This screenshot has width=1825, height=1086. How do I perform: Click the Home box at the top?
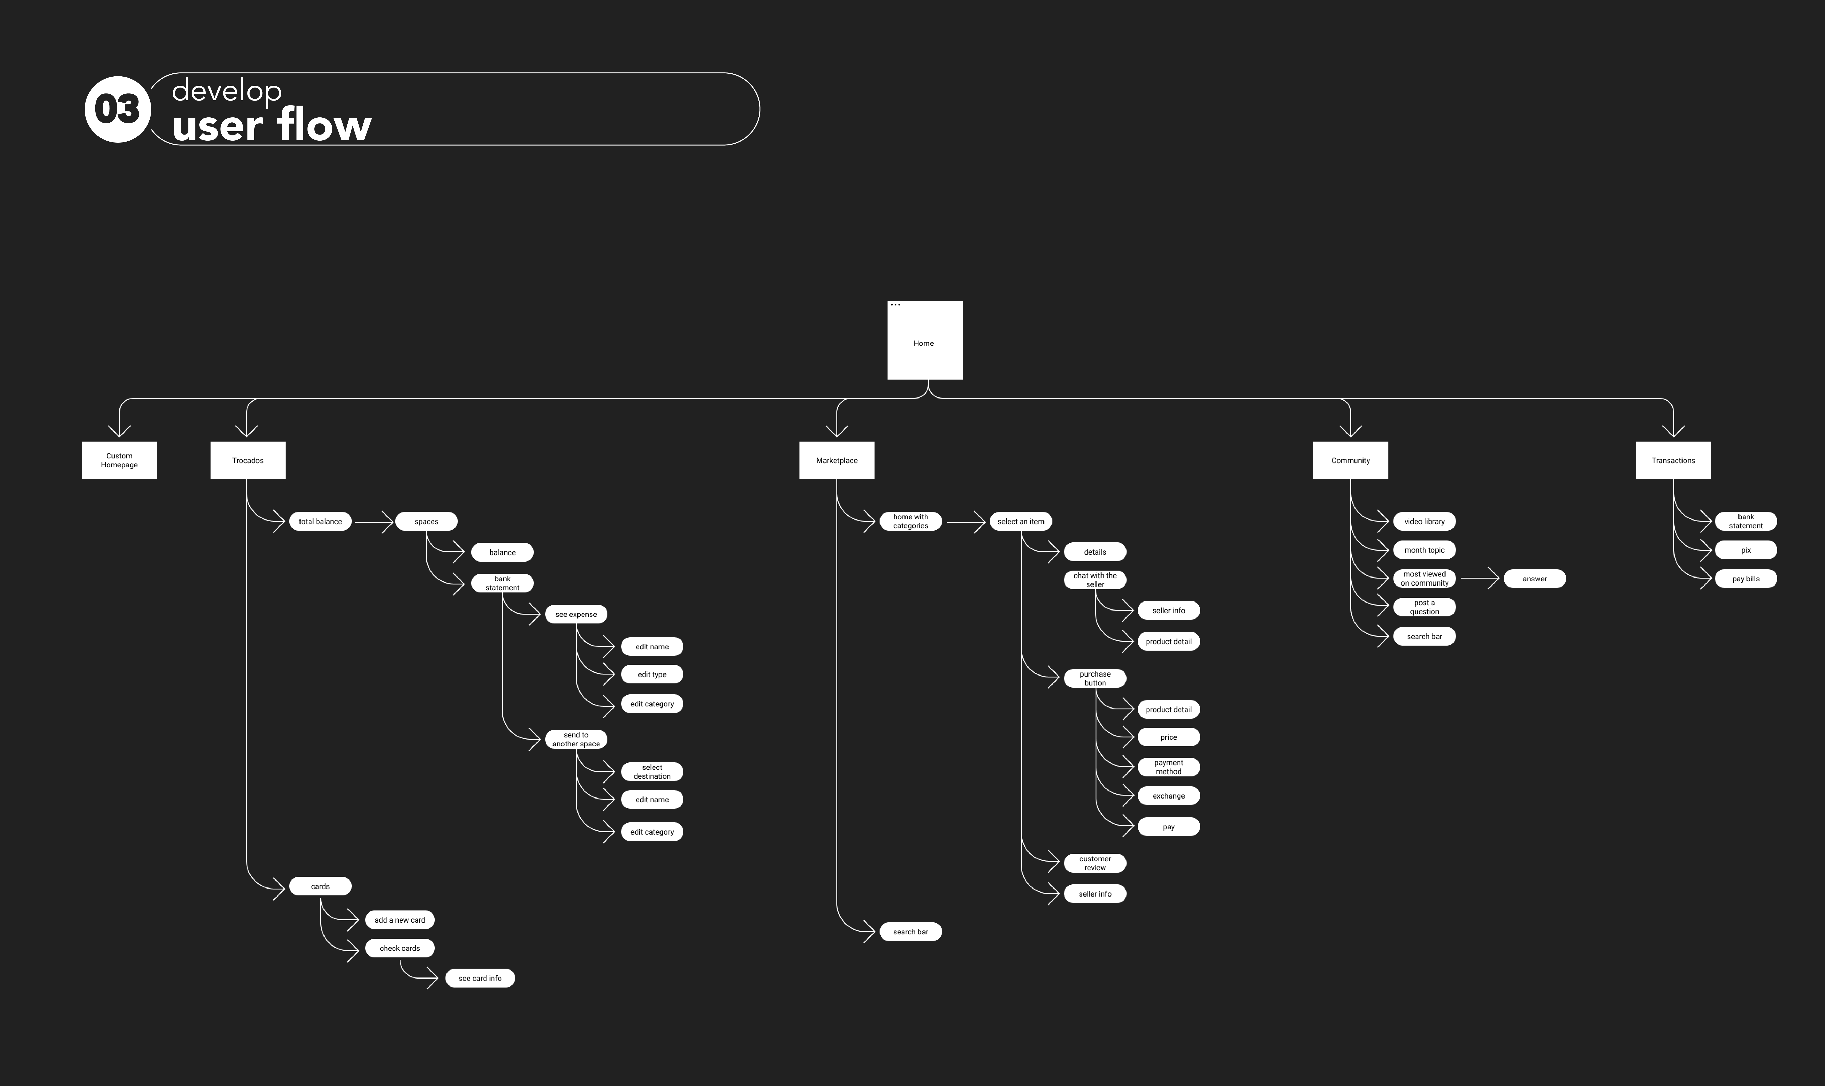point(924,340)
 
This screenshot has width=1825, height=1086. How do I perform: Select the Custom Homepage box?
point(119,460)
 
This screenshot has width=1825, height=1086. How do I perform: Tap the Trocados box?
point(247,460)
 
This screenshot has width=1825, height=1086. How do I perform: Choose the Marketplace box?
point(837,460)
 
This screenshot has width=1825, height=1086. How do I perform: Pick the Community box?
point(1351,460)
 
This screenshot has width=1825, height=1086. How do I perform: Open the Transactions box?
point(1674,460)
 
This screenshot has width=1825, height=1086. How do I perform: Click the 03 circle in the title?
point(118,109)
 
